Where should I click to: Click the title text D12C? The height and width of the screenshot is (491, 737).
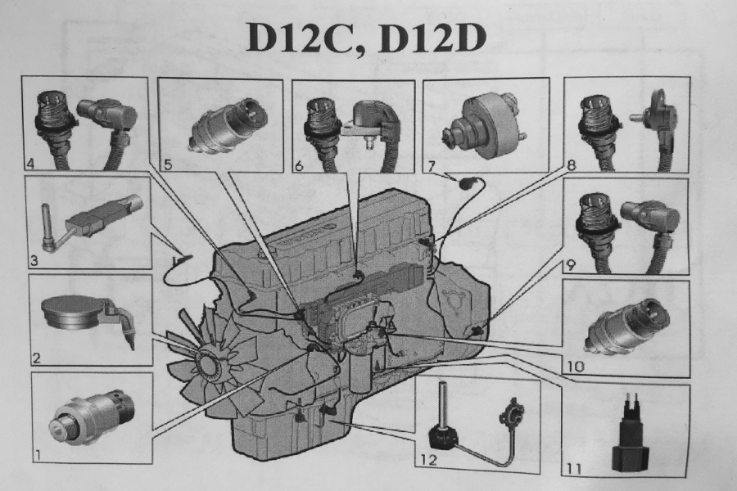tap(304, 37)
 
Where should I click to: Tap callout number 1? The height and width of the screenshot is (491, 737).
tap(38, 454)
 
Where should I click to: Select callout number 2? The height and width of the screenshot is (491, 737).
tap(37, 358)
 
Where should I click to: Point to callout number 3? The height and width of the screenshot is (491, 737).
tap(33, 260)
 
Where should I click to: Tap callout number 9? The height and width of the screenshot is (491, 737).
tap(570, 265)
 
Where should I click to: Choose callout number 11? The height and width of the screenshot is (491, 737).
tap(574, 468)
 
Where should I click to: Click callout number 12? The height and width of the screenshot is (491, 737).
tap(429, 458)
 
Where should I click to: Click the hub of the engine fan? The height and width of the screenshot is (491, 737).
tap(210, 363)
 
